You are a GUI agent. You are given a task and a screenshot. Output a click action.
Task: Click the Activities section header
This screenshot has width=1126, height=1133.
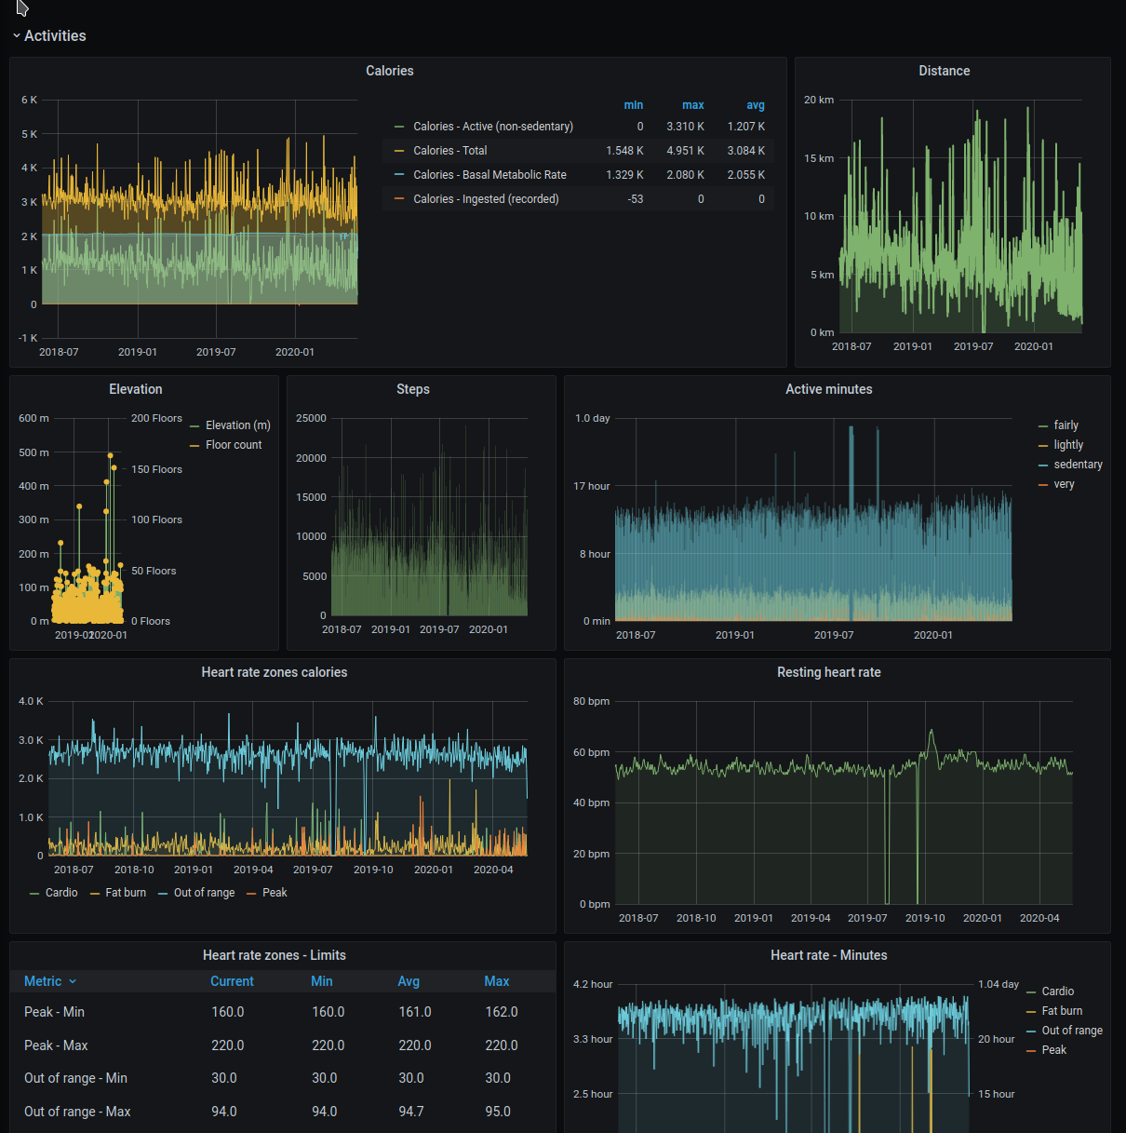pos(55,35)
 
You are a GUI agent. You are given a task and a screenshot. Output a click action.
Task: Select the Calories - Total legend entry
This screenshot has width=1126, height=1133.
pos(449,151)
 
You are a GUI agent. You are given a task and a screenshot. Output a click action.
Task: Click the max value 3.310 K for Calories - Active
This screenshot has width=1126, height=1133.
pos(685,127)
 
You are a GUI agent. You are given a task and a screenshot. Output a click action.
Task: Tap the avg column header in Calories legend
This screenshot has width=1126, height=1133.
pos(756,105)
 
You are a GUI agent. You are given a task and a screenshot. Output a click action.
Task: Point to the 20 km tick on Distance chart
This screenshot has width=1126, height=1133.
pos(819,100)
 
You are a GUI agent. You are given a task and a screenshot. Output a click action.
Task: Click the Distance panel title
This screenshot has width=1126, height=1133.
pos(944,71)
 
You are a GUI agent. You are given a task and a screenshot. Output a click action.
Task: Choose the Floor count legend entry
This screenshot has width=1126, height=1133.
pos(233,445)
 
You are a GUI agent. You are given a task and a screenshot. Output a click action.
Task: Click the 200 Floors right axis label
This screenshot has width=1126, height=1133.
pos(156,418)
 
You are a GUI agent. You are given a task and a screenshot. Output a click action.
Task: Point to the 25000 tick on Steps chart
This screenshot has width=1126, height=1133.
pos(311,418)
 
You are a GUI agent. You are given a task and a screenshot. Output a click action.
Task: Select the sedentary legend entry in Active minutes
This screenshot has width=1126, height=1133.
pos(1078,465)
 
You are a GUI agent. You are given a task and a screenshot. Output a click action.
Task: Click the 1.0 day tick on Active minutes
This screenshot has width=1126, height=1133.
pos(592,418)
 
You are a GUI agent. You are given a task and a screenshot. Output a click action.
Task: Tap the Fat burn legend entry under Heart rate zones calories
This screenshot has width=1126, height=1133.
pos(126,893)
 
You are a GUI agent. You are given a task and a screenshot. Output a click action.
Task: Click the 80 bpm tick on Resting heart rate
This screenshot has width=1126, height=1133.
pos(591,701)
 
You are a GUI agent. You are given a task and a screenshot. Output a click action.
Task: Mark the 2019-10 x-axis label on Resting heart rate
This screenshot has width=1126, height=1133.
pos(925,918)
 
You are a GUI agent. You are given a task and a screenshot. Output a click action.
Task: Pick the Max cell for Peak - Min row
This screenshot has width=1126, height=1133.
pos(502,1012)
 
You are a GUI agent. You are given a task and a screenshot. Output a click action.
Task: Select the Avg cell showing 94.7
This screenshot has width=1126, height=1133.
pos(411,1112)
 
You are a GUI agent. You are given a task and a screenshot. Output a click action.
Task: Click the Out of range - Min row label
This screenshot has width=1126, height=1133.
pos(75,1078)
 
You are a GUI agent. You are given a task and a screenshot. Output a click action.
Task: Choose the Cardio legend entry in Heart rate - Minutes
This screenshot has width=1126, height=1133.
pos(1057,991)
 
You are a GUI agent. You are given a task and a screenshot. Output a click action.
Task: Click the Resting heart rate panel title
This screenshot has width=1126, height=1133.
pos(828,672)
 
